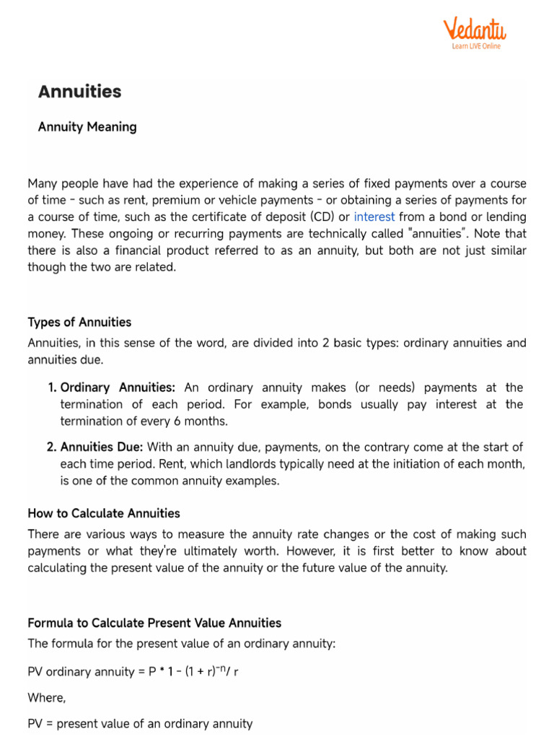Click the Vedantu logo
(x=474, y=30)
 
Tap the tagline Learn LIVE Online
(x=475, y=46)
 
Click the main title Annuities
(x=79, y=92)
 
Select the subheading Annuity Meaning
(x=87, y=127)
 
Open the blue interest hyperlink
(x=374, y=217)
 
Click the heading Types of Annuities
(x=79, y=322)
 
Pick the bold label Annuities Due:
(x=102, y=447)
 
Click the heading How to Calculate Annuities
(x=104, y=513)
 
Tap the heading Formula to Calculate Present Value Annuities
(x=154, y=622)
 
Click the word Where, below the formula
(x=46, y=698)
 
